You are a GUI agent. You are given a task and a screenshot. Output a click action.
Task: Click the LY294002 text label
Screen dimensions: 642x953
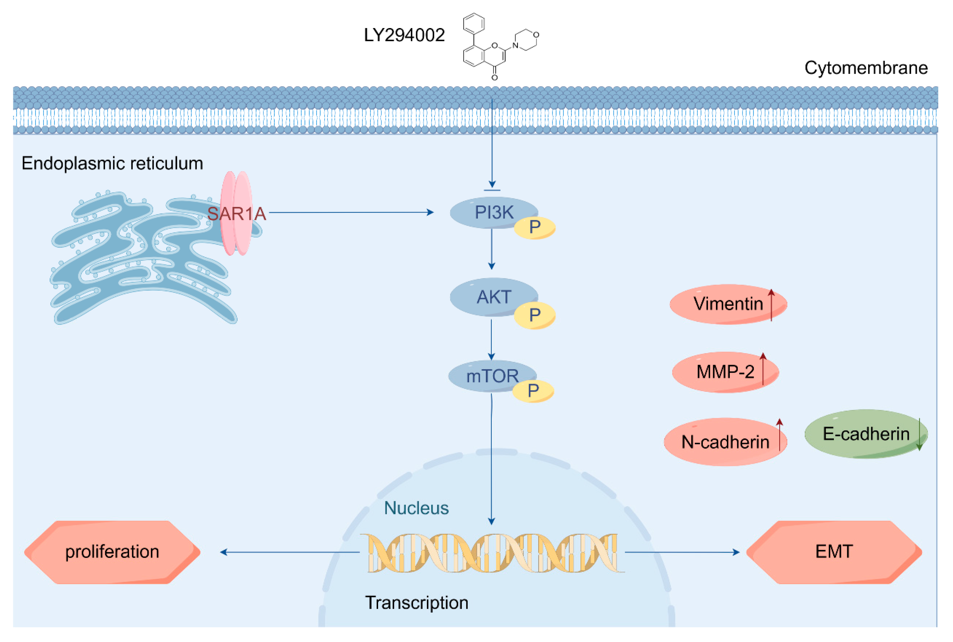[404, 35]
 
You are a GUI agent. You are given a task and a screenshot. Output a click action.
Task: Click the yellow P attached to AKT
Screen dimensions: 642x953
[534, 315]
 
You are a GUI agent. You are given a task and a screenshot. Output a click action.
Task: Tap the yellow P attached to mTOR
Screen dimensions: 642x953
[533, 391]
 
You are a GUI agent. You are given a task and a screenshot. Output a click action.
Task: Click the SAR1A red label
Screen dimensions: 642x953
[236, 214]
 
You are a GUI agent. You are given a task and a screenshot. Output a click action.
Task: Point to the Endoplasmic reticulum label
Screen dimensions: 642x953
[112, 163]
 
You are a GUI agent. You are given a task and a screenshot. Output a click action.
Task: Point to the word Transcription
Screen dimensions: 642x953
[416, 603]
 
